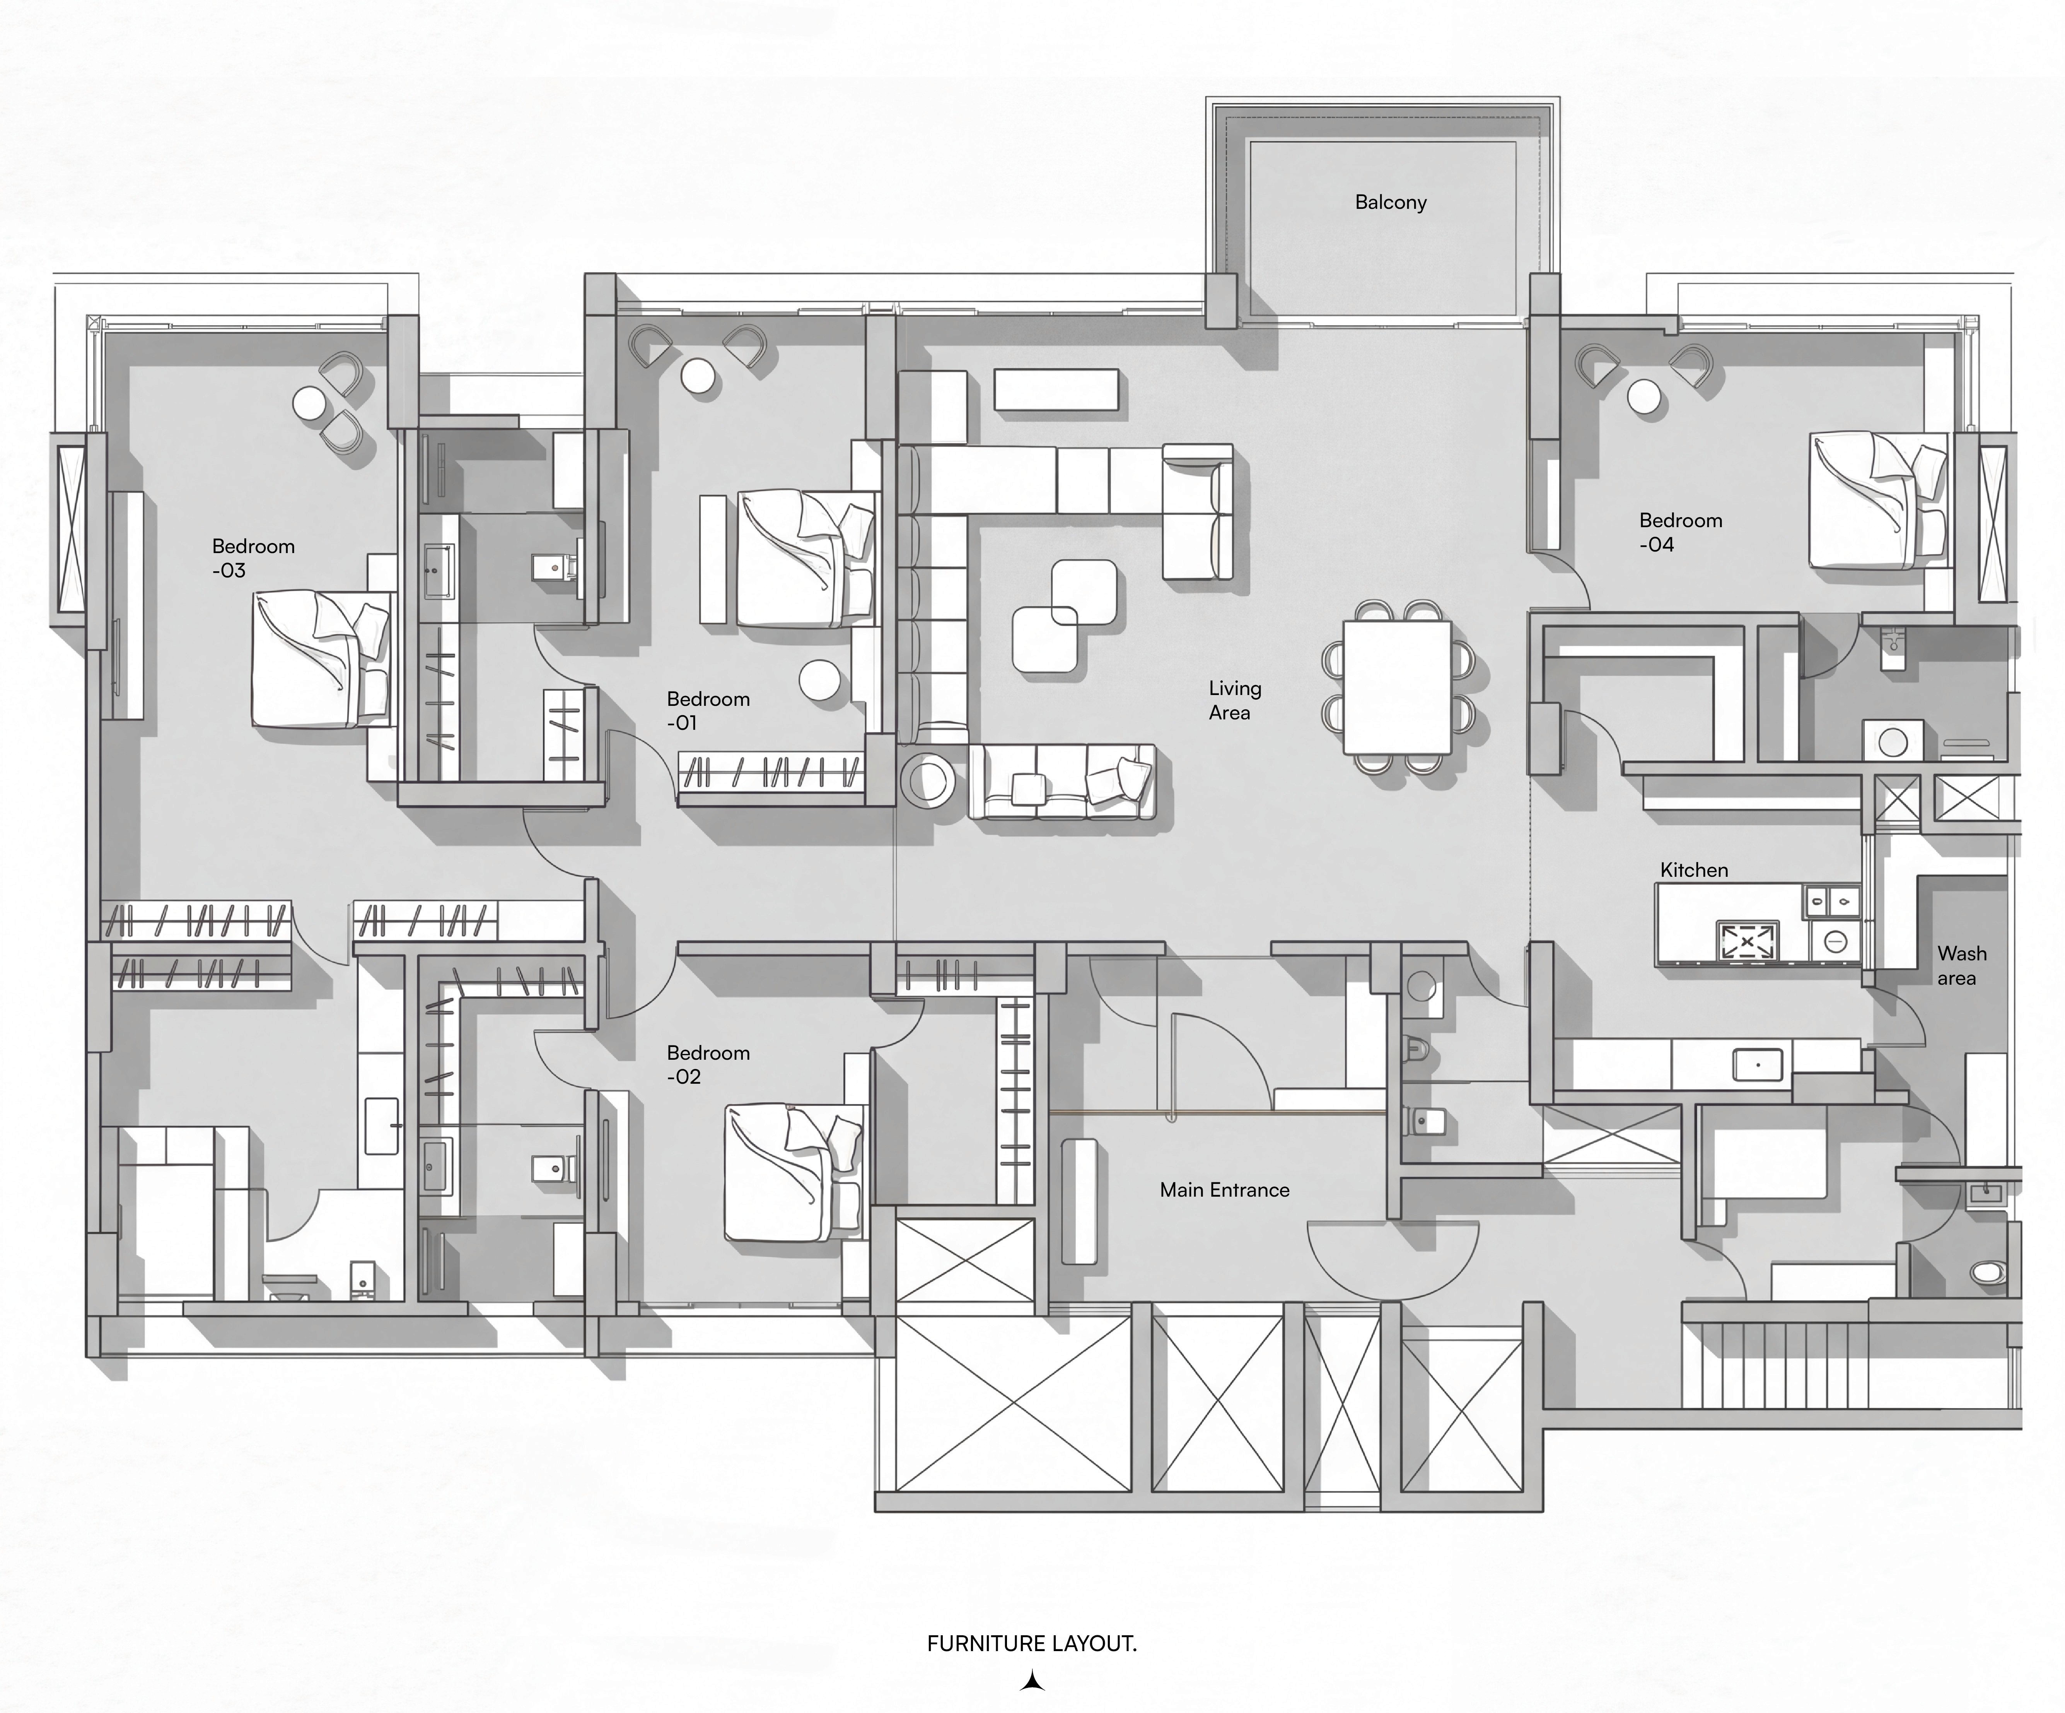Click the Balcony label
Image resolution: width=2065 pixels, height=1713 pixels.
coord(1391,203)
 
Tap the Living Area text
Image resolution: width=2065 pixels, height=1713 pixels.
coord(1235,700)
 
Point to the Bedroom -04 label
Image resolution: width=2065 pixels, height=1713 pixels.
coord(1681,532)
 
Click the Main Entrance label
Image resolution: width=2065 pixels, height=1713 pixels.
coord(1224,1190)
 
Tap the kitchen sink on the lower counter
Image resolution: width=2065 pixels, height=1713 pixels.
coord(1757,1064)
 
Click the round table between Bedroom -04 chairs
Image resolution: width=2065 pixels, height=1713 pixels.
coord(1644,397)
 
